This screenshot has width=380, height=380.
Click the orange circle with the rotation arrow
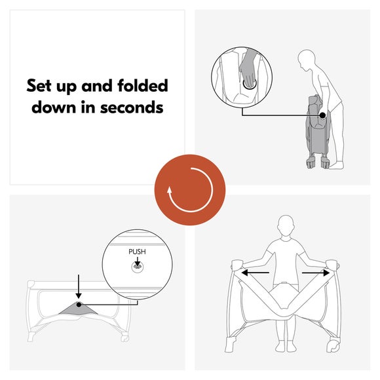pos(190,189)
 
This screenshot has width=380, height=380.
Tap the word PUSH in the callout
pos(137,251)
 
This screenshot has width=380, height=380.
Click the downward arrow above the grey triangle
pos(79,286)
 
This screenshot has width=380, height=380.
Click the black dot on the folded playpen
pos(323,115)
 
